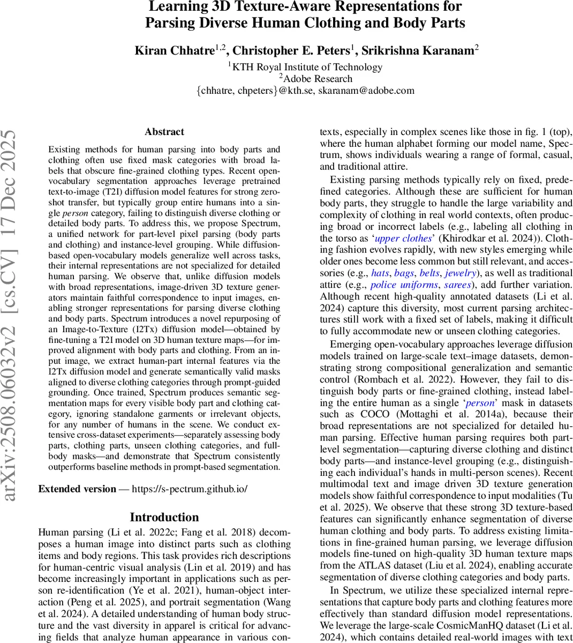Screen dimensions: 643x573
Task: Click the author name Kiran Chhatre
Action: click(x=174, y=51)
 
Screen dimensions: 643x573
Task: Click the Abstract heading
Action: click(x=164, y=132)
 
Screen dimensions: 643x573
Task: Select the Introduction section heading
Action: click(x=164, y=517)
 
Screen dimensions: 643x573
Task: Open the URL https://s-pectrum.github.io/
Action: click(x=190, y=489)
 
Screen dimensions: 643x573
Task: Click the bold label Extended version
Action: click(x=77, y=489)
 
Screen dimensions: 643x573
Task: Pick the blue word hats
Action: click(x=380, y=273)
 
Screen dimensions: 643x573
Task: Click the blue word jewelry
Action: click(x=460, y=273)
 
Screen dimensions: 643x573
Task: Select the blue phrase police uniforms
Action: click(x=404, y=285)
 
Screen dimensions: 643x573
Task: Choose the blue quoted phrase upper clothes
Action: click(x=403, y=238)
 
